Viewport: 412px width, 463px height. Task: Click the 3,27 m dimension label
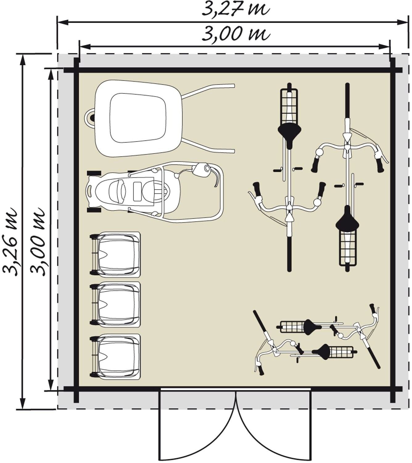[x=236, y=9]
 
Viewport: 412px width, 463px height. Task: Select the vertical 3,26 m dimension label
[x=10, y=241]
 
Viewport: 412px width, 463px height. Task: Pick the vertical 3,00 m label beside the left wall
[x=38, y=241]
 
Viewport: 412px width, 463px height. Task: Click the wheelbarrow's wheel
[x=91, y=117]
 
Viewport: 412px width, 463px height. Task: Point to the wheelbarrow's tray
[x=139, y=118]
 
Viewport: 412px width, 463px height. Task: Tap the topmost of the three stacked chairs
[x=116, y=255]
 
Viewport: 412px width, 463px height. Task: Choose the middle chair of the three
[x=116, y=305]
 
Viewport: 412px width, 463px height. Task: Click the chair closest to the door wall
[x=116, y=357]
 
